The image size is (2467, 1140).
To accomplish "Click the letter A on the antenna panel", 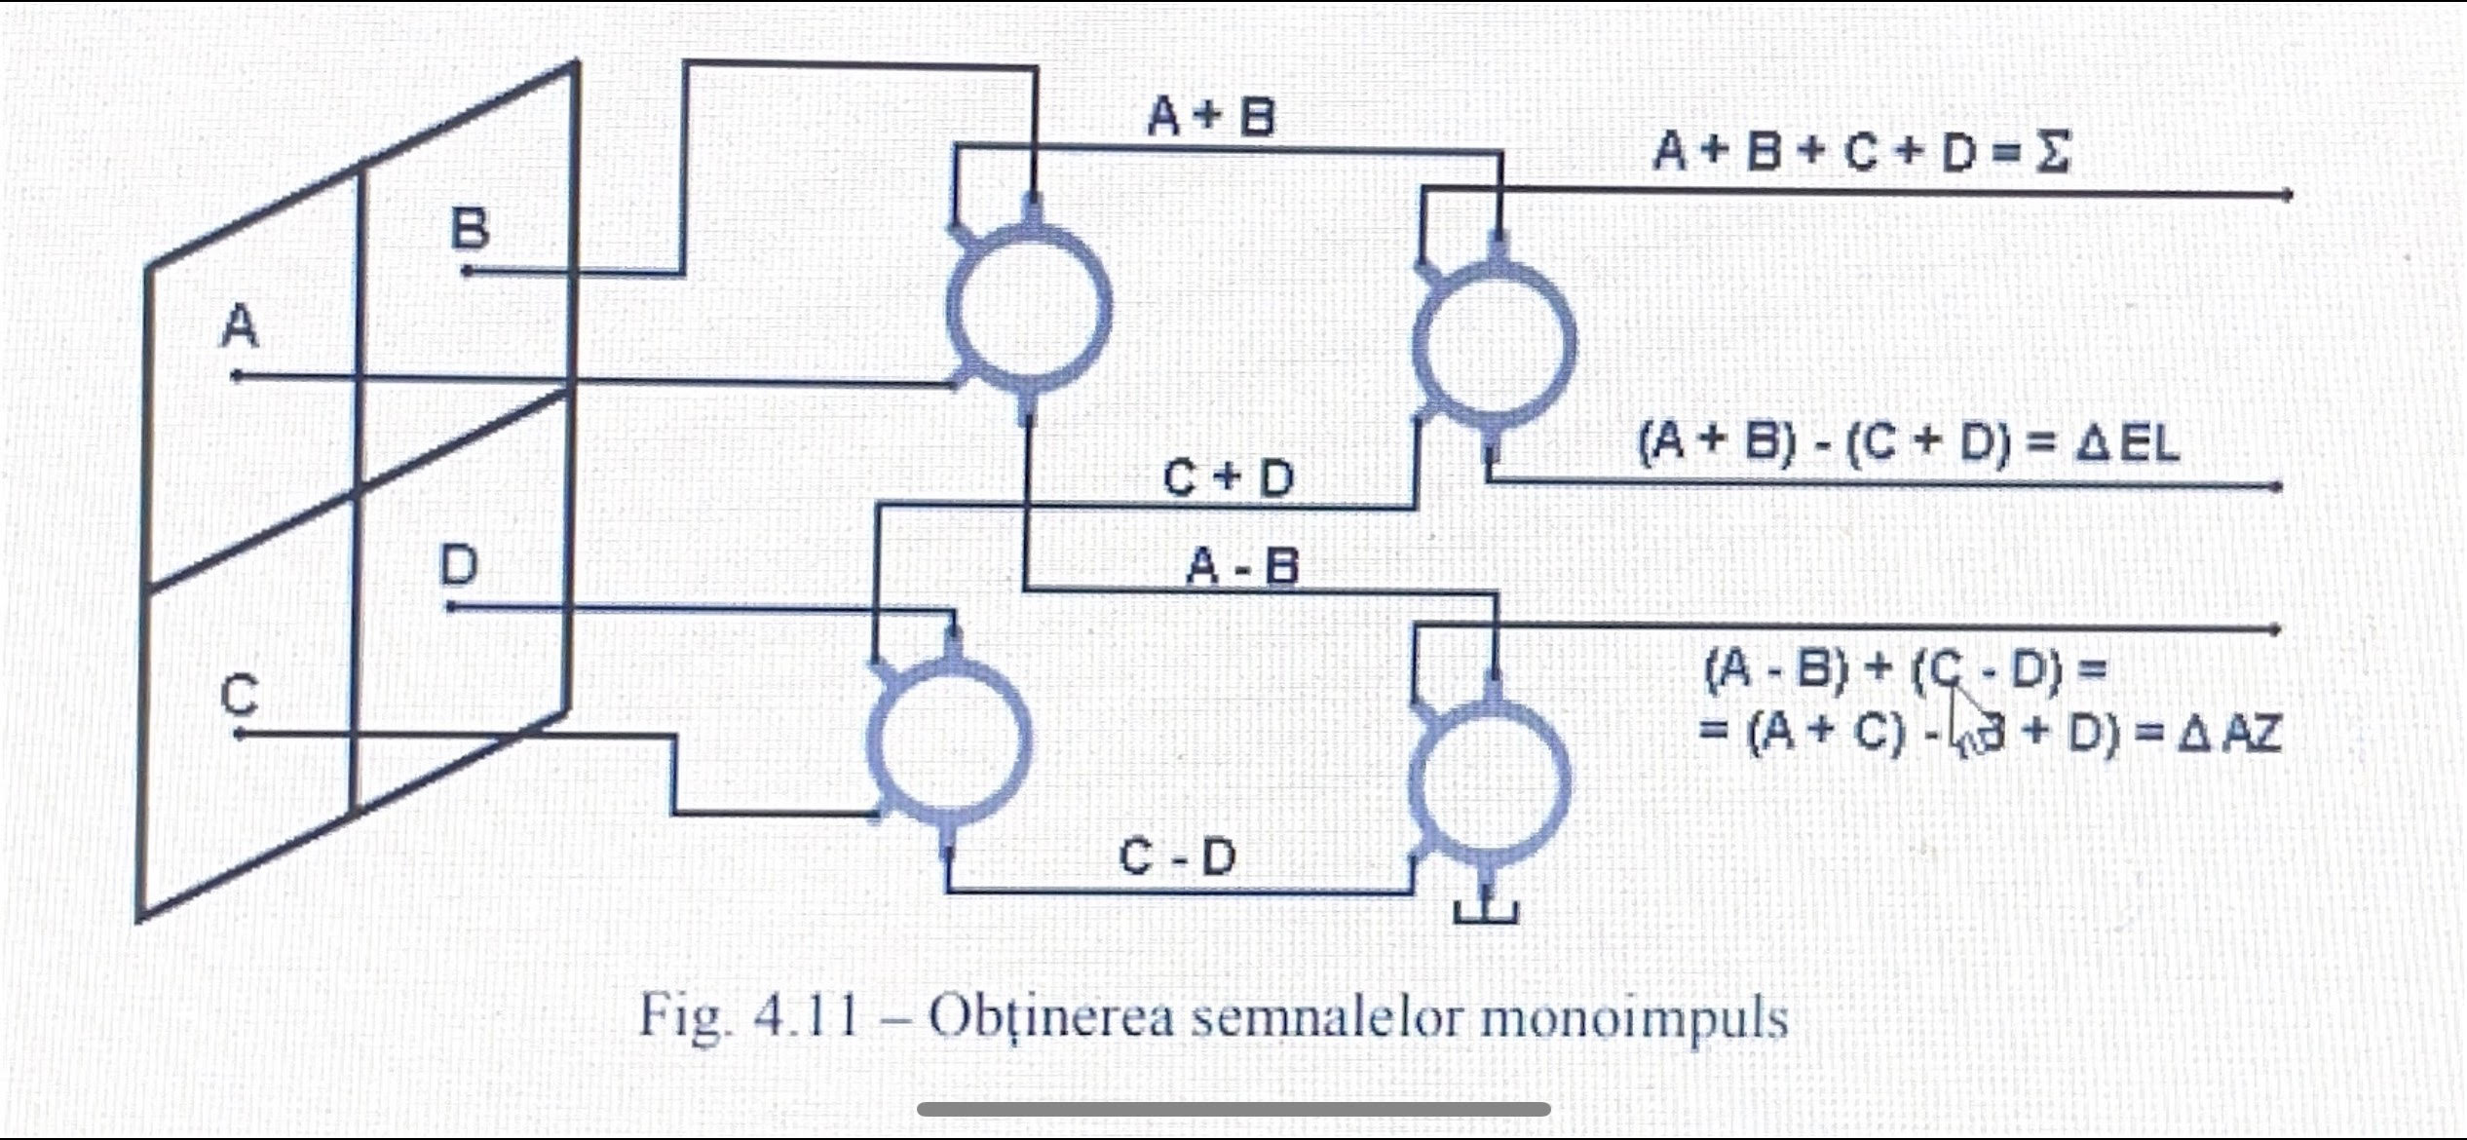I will coord(241,326).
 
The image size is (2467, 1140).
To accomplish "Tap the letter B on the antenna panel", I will coord(470,231).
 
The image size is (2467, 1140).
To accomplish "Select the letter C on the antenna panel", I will coord(240,696).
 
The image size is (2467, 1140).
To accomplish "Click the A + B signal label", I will coord(1210,118).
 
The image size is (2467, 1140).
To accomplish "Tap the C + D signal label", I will coord(1229,478).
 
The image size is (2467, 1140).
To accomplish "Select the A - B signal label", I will coord(1242,566).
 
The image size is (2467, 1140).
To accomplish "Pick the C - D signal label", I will coord(1177,857).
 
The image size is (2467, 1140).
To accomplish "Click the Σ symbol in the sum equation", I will coord(2051,153).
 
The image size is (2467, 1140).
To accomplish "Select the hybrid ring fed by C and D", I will coord(949,742).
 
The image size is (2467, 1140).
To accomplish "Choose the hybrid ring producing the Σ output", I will coord(1494,341).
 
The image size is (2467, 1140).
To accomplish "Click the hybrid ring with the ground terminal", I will coord(1490,779).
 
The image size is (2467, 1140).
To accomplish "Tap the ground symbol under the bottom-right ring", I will coord(1486,911).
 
